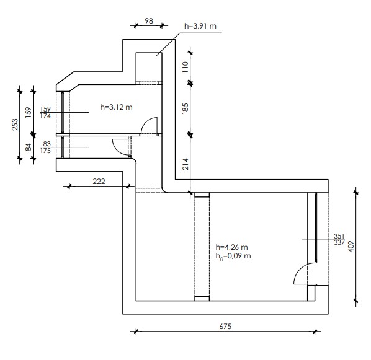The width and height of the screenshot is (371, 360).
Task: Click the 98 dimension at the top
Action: click(x=149, y=21)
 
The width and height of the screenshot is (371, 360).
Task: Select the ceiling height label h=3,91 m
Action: click(x=200, y=26)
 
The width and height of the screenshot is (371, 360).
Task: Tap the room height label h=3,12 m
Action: click(x=116, y=107)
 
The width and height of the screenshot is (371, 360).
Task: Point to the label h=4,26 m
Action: click(x=231, y=247)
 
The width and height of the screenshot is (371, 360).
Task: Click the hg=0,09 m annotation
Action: click(x=233, y=257)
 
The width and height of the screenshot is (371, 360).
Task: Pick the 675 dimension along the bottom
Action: click(x=225, y=327)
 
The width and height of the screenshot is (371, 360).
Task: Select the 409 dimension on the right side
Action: click(x=351, y=247)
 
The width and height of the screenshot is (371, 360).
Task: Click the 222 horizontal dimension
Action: click(x=99, y=182)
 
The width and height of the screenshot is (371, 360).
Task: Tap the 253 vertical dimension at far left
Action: click(x=15, y=125)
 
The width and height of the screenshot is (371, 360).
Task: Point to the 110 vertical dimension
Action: click(x=185, y=67)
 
